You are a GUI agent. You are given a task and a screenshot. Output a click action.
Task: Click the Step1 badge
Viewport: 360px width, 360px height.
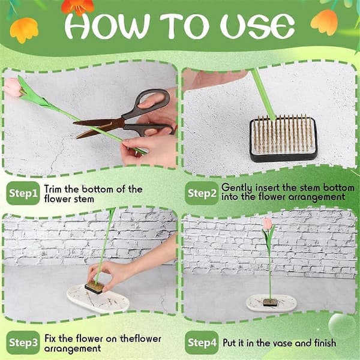[x=23, y=193]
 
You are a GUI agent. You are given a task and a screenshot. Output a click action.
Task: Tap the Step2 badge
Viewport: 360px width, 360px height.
[x=202, y=193]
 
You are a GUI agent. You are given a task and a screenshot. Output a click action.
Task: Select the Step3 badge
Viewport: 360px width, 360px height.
[x=23, y=343]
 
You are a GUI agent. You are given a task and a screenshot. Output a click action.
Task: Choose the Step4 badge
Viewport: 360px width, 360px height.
[x=202, y=343]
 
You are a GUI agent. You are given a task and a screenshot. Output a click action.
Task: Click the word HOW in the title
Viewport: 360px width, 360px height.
[x=107, y=26]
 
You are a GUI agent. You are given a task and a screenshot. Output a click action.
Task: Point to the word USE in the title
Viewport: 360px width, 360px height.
[x=257, y=26]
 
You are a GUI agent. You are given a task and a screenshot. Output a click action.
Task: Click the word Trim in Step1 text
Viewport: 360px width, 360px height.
[x=53, y=189]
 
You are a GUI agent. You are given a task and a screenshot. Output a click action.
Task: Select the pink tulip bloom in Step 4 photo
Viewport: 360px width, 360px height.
[x=268, y=223]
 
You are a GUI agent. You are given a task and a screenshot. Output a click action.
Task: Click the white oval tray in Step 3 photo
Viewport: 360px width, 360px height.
[x=98, y=298]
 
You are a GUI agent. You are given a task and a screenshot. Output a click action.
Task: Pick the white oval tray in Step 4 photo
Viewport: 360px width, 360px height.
[x=271, y=303]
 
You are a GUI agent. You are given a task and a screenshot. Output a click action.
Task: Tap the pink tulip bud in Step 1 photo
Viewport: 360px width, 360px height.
[x=13, y=87]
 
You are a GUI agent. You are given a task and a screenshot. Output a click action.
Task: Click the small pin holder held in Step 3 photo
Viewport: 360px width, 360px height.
[x=94, y=287]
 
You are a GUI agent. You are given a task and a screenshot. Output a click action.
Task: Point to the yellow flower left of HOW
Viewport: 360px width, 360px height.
[x=24, y=30]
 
